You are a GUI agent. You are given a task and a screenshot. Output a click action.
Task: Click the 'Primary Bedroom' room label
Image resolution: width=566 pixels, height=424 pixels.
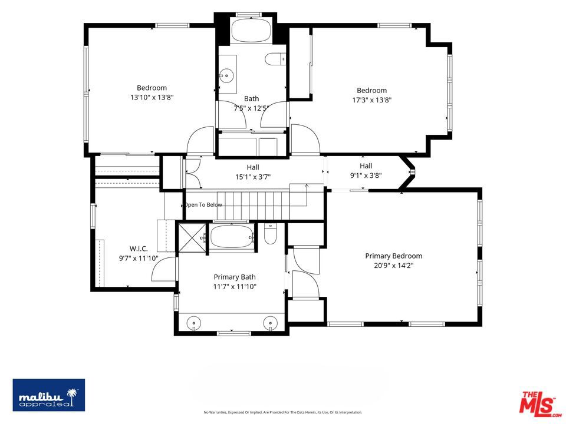[393, 256]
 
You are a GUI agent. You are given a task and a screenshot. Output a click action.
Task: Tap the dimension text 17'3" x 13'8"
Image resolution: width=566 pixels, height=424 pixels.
[372, 100]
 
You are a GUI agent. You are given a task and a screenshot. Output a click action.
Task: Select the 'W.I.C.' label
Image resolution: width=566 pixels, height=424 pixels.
[139, 249]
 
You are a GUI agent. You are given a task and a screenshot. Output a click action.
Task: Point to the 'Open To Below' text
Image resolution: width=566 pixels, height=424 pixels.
[203, 205]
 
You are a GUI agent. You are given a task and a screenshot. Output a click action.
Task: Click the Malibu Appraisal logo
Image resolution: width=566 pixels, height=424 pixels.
[49, 395]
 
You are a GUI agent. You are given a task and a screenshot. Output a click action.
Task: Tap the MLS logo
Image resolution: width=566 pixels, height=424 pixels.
[539, 402]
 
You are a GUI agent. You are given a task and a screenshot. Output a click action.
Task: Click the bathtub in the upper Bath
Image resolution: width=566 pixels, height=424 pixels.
[251, 30]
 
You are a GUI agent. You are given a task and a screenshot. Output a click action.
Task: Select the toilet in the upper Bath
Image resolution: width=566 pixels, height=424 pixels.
[276, 59]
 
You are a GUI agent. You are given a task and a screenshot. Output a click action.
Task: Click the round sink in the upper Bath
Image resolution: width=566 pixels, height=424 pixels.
[226, 75]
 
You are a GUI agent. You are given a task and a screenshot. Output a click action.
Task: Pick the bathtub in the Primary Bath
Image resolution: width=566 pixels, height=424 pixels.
[232, 237]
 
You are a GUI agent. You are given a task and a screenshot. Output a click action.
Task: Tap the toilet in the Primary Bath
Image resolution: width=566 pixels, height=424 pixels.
[270, 234]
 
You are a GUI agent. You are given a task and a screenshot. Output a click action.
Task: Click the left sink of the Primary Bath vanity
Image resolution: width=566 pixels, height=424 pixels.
[194, 322]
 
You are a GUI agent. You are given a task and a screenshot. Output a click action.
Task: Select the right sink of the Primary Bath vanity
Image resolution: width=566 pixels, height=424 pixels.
[270, 322]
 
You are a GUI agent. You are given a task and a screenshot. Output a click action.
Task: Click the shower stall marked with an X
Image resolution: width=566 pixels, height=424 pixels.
[192, 237]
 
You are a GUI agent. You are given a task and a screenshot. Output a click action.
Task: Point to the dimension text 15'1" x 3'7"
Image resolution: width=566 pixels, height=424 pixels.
[253, 177]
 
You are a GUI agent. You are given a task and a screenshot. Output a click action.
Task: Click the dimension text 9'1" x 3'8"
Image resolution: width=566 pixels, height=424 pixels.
[366, 175]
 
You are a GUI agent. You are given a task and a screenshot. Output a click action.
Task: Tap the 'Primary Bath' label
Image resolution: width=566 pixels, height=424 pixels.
[235, 277]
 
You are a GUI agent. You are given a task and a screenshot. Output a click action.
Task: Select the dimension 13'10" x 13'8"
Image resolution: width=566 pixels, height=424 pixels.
[152, 97]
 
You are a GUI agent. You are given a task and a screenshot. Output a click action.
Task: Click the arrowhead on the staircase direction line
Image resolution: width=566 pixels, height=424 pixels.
[307, 185]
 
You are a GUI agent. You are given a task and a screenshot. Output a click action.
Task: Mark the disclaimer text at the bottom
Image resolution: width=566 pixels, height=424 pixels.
[283, 412]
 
